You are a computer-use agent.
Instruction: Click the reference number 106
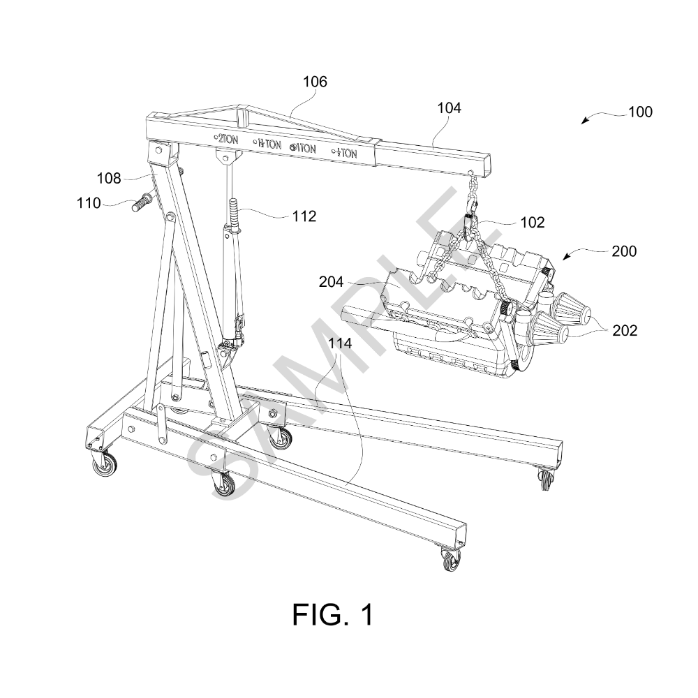coord(315,82)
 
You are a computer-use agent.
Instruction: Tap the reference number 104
coord(449,108)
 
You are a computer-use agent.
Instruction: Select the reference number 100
coord(640,112)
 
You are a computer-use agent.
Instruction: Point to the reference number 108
coord(109,179)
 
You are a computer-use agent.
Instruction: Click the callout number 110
coord(89,203)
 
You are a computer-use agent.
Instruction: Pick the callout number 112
coord(304,216)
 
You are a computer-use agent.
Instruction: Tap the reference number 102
coord(533,222)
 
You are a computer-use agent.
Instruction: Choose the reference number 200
coord(624,251)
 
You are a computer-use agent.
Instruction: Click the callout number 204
coord(331,282)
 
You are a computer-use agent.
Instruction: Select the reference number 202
coord(625,331)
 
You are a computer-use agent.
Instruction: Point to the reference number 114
coord(340,343)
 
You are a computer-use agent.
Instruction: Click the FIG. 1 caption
coord(333,615)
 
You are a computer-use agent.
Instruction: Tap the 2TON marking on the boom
coord(226,140)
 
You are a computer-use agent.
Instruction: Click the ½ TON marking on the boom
coord(344,154)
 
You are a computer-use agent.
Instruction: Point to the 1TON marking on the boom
coord(303,148)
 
